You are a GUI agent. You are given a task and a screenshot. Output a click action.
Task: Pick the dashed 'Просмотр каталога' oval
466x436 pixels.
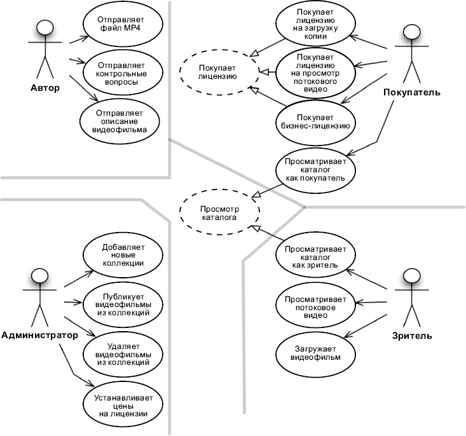(219, 212)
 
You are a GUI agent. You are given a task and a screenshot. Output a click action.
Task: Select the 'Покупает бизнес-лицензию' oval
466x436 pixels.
(315, 121)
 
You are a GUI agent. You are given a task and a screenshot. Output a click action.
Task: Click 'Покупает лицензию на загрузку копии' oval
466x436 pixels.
(315, 24)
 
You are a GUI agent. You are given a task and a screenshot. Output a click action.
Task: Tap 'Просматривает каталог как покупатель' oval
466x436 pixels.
(315, 169)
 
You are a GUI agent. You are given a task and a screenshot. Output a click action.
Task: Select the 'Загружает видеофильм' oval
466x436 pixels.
(315, 353)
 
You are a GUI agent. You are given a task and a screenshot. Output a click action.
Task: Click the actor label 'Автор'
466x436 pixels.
(45, 88)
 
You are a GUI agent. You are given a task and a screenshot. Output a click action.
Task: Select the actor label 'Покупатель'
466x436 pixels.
(412, 93)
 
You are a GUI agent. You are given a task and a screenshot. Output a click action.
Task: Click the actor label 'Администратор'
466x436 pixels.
(39, 335)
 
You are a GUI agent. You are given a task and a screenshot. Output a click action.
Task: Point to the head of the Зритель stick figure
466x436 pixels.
(413, 277)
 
